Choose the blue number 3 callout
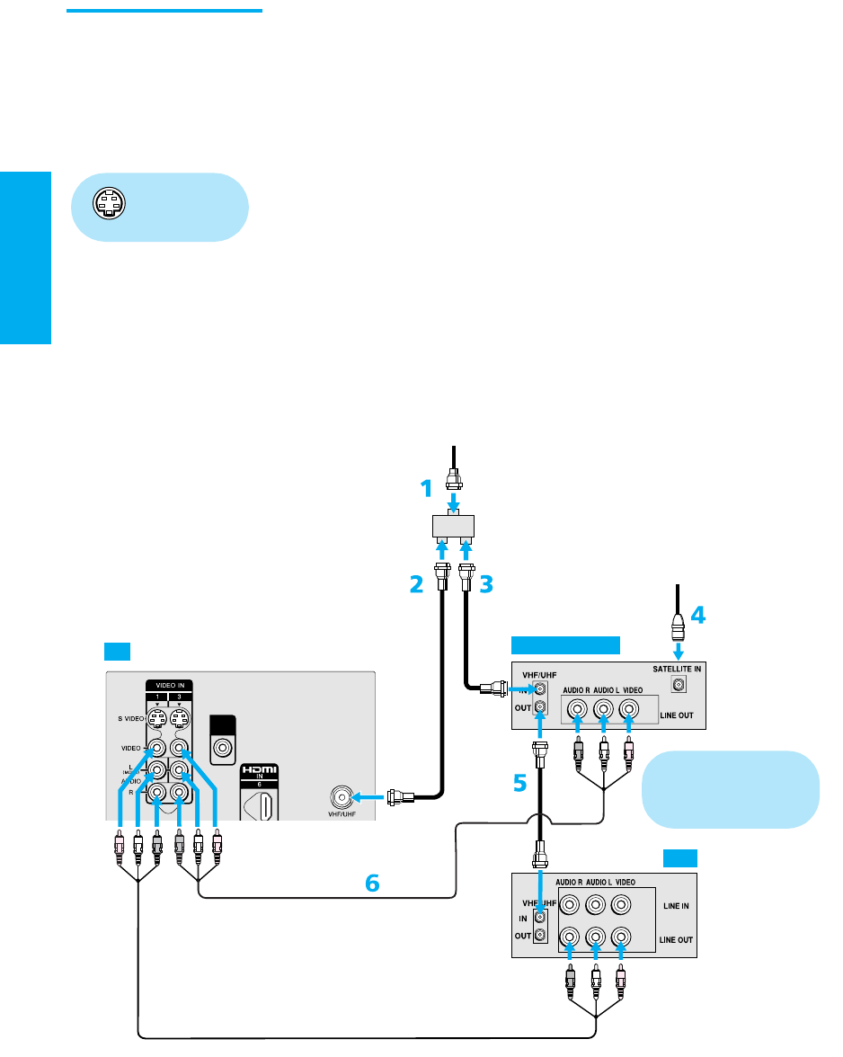tap(486, 585)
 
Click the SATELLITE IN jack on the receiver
tap(679, 685)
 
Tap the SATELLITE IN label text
tap(676, 670)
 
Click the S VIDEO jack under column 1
tap(156, 717)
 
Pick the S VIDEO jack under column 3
tap(180, 717)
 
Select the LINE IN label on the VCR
tap(670, 906)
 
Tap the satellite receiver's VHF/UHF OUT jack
tap(539, 706)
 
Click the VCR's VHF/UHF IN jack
tap(539, 918)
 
